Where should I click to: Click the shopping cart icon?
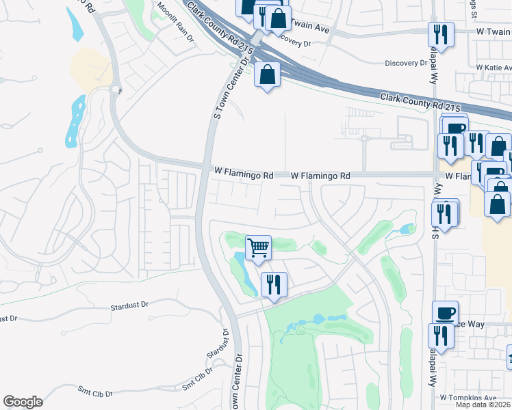point(258,247)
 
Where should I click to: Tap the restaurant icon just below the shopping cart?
point(274,284)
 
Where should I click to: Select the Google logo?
point(23,402)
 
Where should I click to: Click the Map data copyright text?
point(483,405)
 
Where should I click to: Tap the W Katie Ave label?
point(494,68)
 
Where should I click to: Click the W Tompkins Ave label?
point(468,397)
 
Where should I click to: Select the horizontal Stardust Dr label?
point(129,307)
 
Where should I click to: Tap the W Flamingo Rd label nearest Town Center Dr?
point(244,176)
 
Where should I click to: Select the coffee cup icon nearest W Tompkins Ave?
point(446,312)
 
